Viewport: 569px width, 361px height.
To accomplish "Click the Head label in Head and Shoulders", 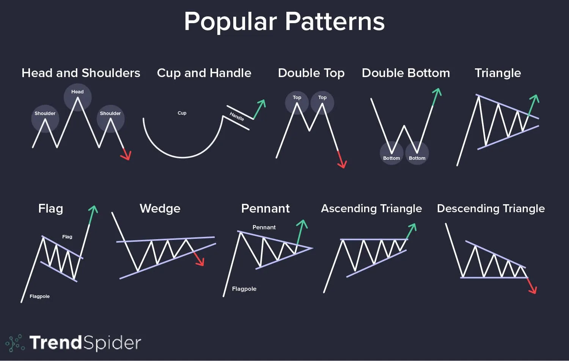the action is (77, 92).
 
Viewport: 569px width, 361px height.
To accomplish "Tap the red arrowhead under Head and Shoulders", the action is (127, 155).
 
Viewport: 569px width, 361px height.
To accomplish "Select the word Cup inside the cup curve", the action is (182, 113).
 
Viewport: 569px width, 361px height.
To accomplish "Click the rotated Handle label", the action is (237, 117).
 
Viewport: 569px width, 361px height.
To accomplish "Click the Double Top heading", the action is (311, 73).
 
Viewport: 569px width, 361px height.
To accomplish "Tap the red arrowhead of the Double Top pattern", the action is (343, 164).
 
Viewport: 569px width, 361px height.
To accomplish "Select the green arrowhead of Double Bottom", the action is (437, 93).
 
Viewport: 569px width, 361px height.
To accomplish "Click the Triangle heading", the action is (498, 73).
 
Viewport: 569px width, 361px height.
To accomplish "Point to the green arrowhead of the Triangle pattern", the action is (535, 99).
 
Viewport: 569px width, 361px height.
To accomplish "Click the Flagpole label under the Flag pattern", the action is (39, 296).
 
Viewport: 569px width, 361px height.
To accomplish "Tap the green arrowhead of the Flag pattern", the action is (93, 210).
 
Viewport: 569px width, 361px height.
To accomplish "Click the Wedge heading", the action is (160, 208).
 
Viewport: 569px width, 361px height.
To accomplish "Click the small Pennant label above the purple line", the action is (264, 227).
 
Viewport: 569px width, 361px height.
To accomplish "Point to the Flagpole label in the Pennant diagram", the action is (244, 289).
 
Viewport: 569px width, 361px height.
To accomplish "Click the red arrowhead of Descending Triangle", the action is (533, 289).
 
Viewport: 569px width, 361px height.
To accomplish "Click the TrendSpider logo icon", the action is (15, 343).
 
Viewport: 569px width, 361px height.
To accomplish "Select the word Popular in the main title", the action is (230, 22).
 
